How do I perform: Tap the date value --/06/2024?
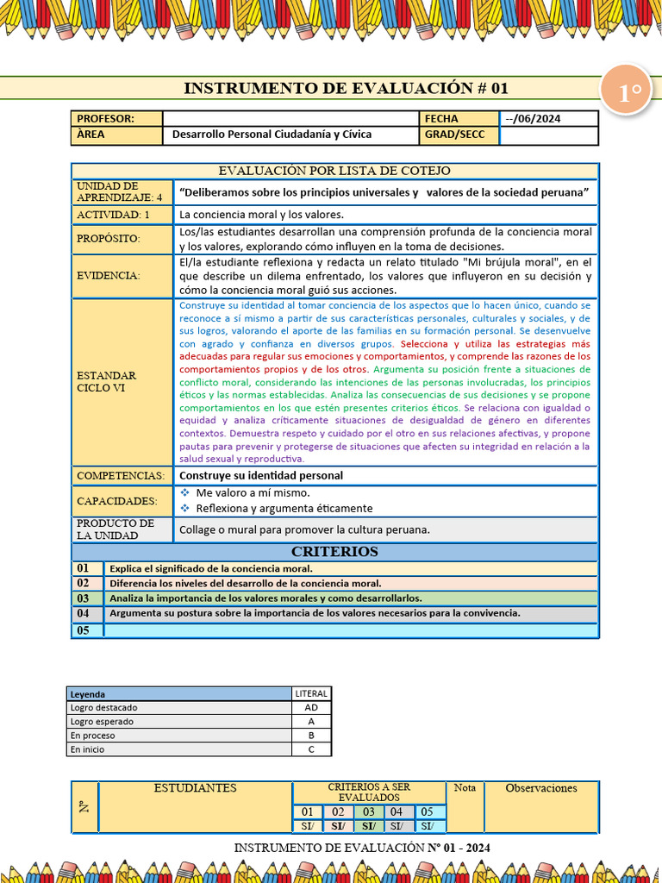pos(533,119)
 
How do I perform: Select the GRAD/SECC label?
pos(454,135)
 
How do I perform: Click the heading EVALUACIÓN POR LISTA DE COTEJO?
pos(334,171)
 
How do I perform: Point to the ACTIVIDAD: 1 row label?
pos(113,215)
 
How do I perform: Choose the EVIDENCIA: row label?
pos(108,276)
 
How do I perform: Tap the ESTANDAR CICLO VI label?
pos(107,382)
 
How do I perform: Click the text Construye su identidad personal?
pos(260,475)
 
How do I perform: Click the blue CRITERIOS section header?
pos(334,552)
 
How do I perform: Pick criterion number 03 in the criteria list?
pos(84,598)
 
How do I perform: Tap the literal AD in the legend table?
pos(311,708)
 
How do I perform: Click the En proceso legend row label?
pos(92,736)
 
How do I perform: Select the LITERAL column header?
pos(311,693)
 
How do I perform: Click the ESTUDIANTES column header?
pos(195,788)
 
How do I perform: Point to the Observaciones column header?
pos(540,788)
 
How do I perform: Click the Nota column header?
pos(465,788)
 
